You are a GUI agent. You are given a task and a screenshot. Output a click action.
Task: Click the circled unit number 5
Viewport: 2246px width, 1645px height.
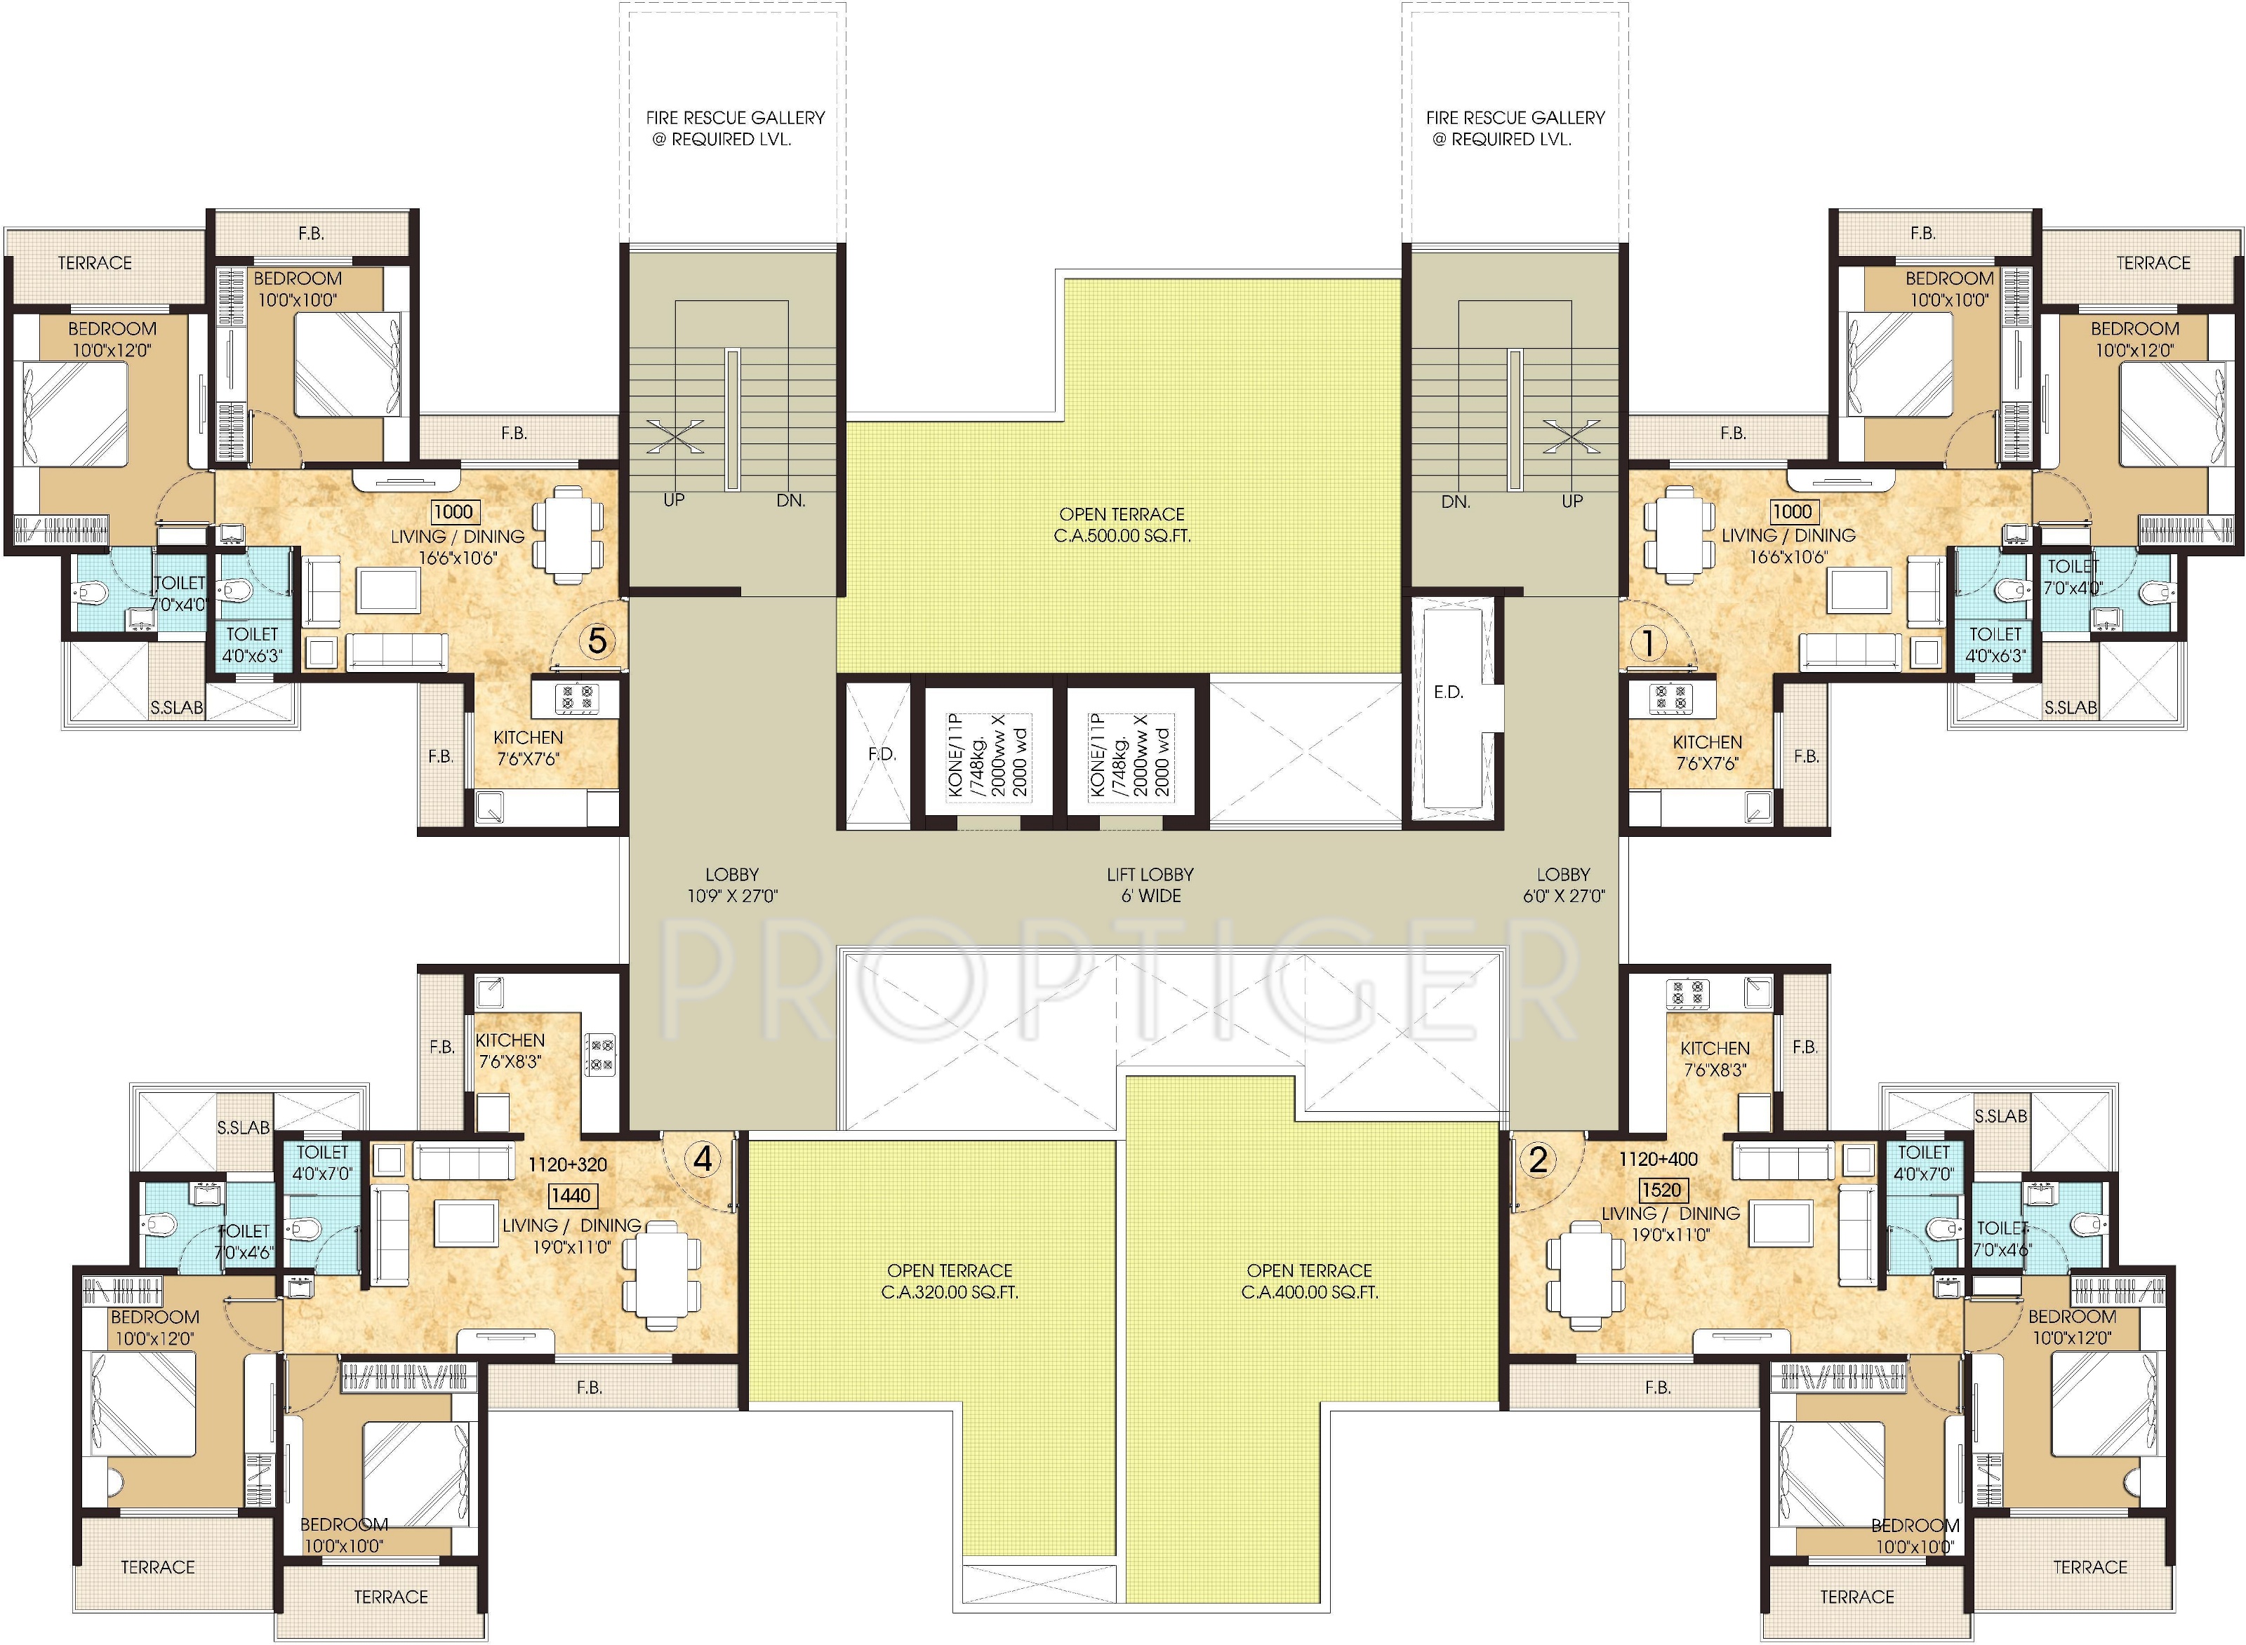(597, 640)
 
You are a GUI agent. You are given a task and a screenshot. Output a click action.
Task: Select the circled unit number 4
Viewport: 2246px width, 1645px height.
(704, 1158)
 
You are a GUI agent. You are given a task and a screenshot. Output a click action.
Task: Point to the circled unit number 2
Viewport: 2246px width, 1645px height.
(1539, 1159)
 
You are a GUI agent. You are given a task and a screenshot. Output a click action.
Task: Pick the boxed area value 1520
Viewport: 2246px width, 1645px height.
(1661, 1190)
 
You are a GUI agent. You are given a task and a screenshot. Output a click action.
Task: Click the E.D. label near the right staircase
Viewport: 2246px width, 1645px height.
(1449, 692)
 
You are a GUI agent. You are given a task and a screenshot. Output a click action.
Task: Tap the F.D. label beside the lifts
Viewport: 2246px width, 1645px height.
(882, 754)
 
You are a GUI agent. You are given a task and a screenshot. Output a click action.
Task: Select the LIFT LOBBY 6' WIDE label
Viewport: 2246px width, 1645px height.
(1150, 885)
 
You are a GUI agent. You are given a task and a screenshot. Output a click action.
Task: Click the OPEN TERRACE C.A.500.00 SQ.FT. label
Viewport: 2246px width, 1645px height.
(1122, 525)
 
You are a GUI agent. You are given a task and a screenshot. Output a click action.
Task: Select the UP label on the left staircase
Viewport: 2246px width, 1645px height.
(675, 500)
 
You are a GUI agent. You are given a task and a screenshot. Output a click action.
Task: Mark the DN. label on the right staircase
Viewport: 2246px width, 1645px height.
(1456, 502)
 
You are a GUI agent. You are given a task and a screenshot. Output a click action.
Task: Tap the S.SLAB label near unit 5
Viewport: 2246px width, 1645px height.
(178, 708)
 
